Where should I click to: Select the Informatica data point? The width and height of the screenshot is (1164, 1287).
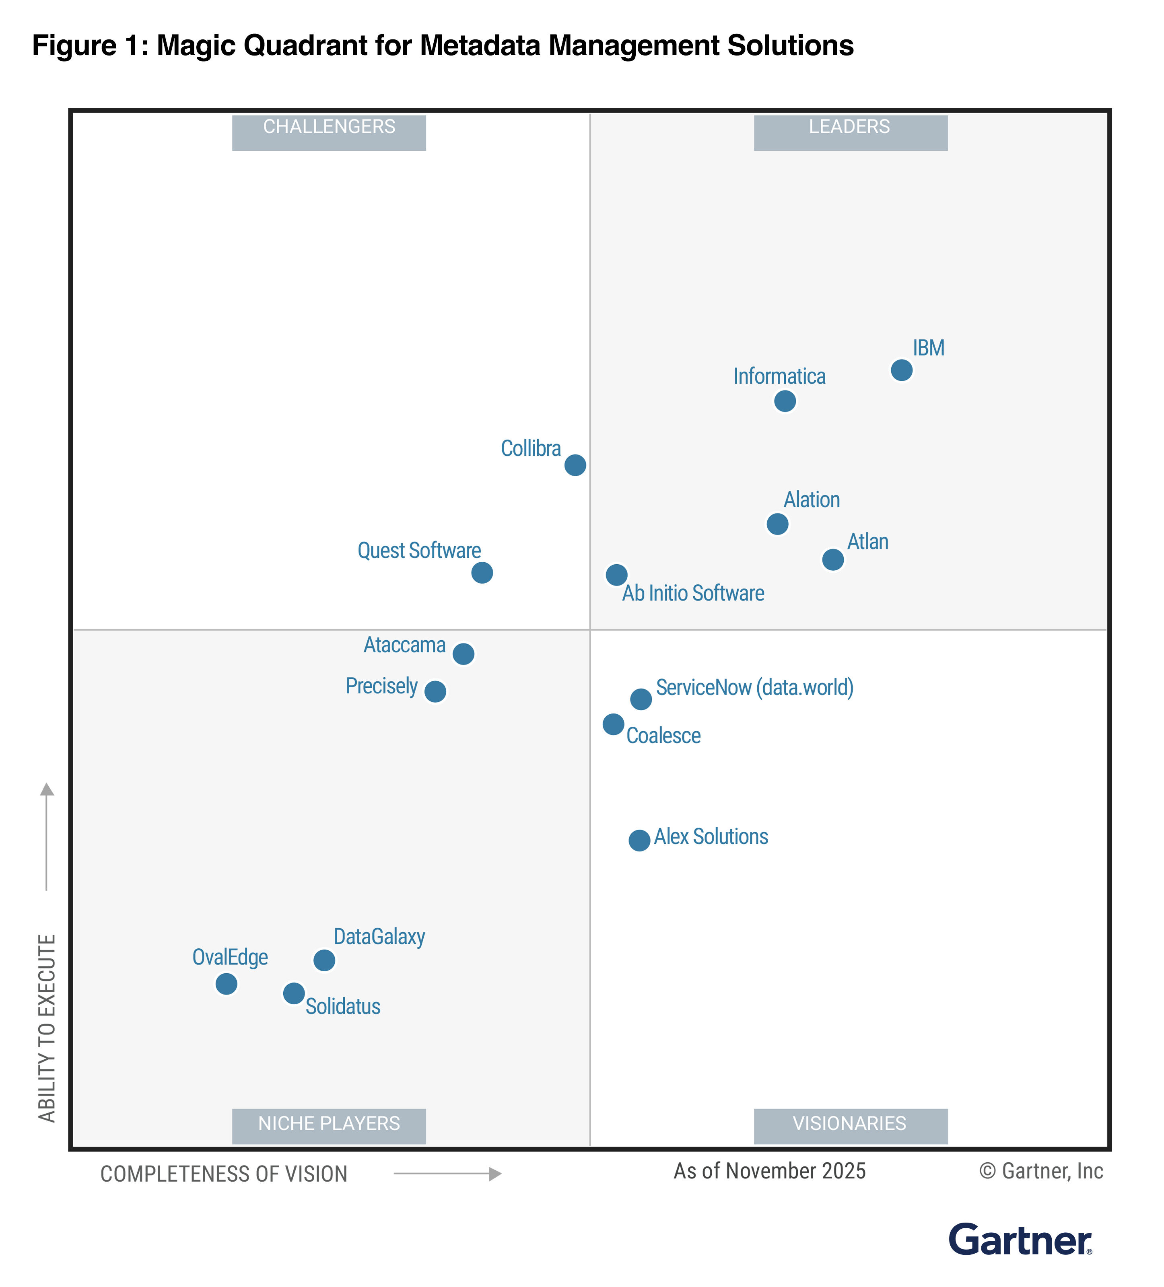(x=785, y=401)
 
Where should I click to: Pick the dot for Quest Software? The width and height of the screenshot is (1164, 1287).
(x=482, y=573)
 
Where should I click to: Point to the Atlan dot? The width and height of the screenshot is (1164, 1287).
(x=832, y=559)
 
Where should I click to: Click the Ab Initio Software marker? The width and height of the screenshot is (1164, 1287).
(x=616, y=575)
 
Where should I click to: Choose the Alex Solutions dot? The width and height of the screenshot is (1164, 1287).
(x=639, y=840)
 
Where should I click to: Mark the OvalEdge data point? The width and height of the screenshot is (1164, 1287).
(x=226, y=984)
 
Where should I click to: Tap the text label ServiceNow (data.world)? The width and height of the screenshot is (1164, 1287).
(x=754, y=688)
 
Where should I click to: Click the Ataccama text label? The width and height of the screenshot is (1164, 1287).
(x=404, y=645)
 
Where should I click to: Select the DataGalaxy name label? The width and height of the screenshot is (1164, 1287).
(x=379, y=937)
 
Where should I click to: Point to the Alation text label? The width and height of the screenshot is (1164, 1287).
(x=812, y=499)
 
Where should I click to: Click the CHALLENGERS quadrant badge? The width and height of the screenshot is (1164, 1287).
(x=329, y=132)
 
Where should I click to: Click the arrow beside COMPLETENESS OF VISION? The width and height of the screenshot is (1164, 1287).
(x=447, y=1173)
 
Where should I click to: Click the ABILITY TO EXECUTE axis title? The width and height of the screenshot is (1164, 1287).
(x=47, y=1028)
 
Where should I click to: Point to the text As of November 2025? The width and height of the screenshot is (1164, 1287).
(x=769, y=1171)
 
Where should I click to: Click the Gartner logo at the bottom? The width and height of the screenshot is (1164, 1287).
(x=1020, y=1240)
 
